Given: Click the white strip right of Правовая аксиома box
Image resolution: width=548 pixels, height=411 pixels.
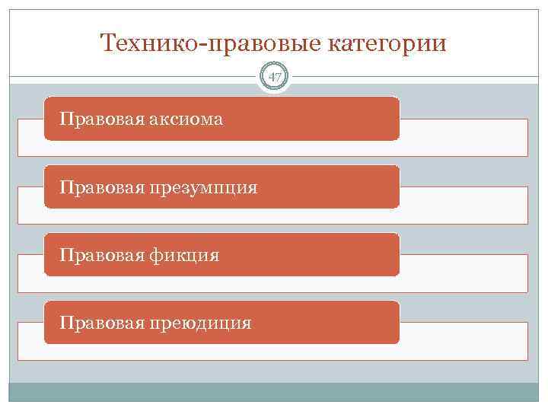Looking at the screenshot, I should pos(463,137).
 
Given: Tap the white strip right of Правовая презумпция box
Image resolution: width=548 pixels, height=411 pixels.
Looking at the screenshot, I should pos(463,205).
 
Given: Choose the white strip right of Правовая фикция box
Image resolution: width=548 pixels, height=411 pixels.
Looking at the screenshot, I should pos(463,273).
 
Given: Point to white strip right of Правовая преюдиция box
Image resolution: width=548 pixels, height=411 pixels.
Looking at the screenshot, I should pos(463,341).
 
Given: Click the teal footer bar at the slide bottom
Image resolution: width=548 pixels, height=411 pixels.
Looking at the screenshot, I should pos(274,392).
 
